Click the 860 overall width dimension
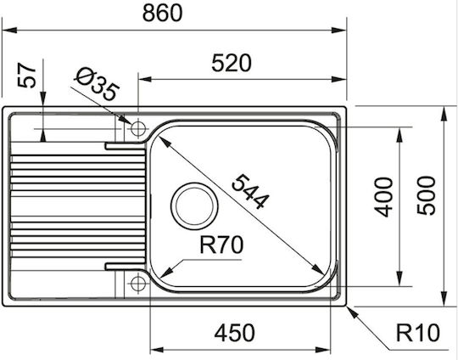click(x=162, y=13)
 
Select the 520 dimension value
click(x=232, y=63)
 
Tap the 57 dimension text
click(x=26, y=76)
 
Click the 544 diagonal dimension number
click(x=249, y=192)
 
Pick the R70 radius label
click(x=221, y=245)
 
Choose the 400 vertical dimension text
click(x=383, y=197)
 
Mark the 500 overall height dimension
click(x=426, y=195)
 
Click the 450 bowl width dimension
click(x=235, y=333)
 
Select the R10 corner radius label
click(x=417, y=333)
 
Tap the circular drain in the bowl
click(x=194, y=206)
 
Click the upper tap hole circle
click(x=138, y=128)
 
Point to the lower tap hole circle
click(x=138, y=283)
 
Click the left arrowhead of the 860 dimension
click(x=9, y=30)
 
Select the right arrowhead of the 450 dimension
click(x=323, y=350)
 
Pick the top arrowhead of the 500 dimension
click(x=444, y=114)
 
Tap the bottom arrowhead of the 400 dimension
click(x=399, y=278)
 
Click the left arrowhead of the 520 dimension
click(x=145, y=79)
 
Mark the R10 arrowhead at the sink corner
click(x=352, y=312)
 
